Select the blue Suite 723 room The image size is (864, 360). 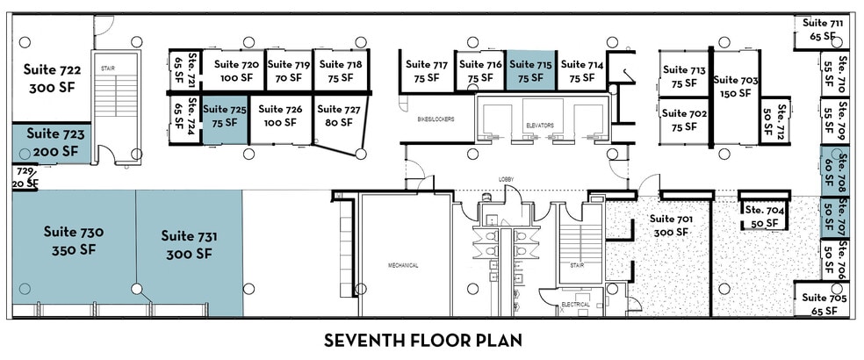[x=54, y=143]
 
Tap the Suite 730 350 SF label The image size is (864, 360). [x=74, y=241]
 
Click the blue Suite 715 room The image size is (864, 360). [x=530, y=70]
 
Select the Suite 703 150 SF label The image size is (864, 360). [x=736, y=87]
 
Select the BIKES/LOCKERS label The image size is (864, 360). [x=436, y=119]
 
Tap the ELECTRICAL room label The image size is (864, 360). [x=576, y=304]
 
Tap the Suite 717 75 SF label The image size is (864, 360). [x=427, y=70]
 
